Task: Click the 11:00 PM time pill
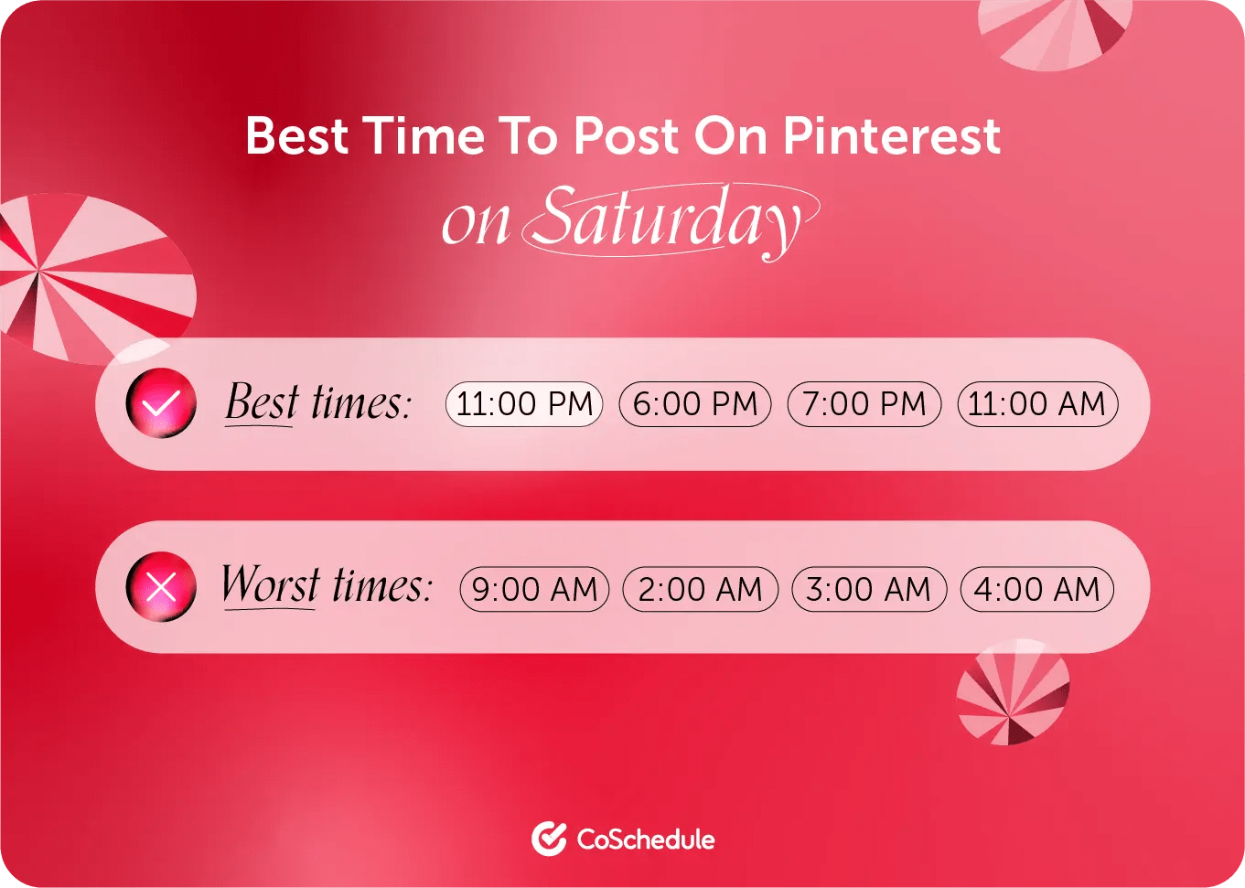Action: coord(524,404)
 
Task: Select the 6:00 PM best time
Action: coord(695,404)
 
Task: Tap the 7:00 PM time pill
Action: coord(864,404)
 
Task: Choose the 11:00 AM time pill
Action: coord(1037,404)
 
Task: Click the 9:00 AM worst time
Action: coord(534,590)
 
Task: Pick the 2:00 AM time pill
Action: coord(700,590)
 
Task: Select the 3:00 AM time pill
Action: coord(868,590)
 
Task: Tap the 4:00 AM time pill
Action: coord(1036,590)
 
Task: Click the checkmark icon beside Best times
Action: coord(161,403)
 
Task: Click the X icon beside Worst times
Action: coord(161,588)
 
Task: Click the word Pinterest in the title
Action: coord(892,135)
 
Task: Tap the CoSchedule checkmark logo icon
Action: coord(549,839)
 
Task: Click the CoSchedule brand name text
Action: coord(646,840)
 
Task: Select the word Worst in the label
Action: coord(270,585)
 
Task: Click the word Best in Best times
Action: coord(262,402)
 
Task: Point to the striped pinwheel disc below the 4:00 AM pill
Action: coord(1013,692)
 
